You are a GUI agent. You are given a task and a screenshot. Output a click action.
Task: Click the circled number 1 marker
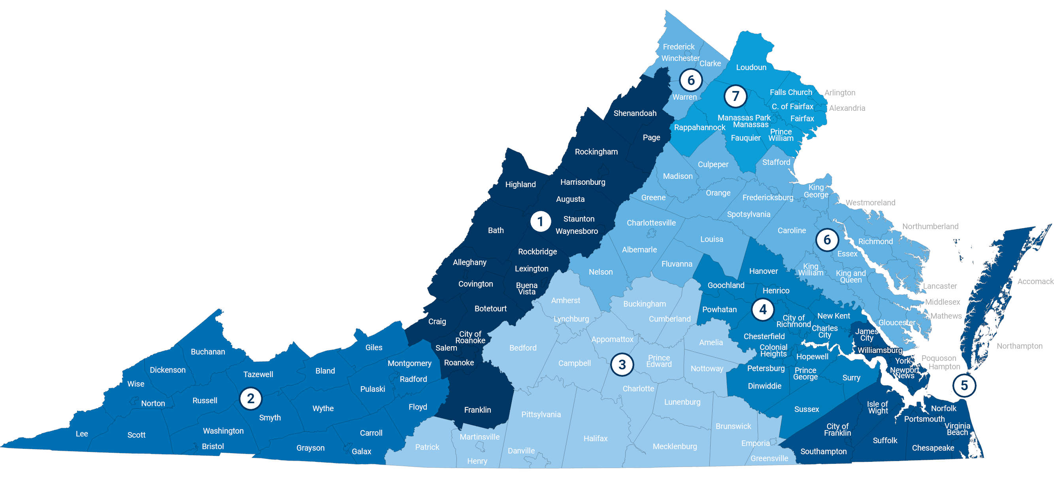(x=540, y=222)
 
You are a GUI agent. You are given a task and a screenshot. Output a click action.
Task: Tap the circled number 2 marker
(x=251, y=398)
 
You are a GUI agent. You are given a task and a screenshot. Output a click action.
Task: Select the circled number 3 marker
(x=622, y=364)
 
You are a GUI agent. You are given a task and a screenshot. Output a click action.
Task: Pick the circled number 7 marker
(x=735, y=96)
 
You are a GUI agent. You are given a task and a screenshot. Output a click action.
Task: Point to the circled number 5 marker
(x=964, y=385)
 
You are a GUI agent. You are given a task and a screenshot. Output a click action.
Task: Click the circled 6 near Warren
(x=691, y=80)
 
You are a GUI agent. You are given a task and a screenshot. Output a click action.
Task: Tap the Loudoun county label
(x=751, y=68)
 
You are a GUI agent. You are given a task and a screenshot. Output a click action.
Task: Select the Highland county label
(x=520, y=185)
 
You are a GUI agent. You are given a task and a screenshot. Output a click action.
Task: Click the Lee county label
(x=82, y=434)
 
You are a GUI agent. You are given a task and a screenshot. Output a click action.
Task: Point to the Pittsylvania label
(x=541, y=415)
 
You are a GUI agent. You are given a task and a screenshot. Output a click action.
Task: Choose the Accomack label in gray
(x=1035, y=281)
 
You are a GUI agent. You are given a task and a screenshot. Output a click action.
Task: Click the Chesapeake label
(x=933, y=448)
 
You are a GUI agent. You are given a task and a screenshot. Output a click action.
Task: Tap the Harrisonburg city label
(x=582, y=182)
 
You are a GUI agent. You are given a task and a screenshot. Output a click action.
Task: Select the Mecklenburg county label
(x=674, y=446)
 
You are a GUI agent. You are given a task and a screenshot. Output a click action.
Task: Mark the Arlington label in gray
(x=839, y=93)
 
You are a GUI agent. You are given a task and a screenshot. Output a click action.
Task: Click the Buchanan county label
(x=207, y=352)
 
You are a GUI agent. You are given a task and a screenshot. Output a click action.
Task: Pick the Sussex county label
(x=806, y=409)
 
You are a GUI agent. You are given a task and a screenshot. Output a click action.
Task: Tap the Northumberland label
(x=930, y=226)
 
